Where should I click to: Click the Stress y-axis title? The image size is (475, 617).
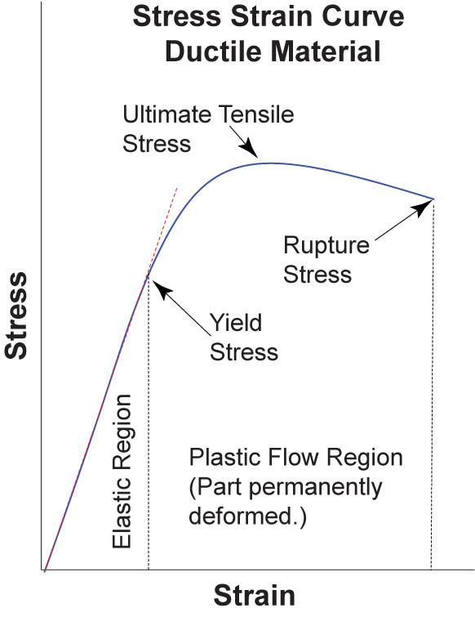click(16, 315)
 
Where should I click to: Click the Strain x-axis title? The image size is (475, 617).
click(254, 595)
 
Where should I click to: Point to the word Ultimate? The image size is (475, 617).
click(167, 114)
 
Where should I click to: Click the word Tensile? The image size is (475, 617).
click(256, 114)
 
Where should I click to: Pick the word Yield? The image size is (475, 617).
click(236, 324)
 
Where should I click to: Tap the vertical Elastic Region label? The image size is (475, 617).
click(122, 471)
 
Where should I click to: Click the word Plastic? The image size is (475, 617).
click(225, 458)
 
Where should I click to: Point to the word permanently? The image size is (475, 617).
click(315, 489)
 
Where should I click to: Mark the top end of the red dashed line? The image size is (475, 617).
click(177, 189)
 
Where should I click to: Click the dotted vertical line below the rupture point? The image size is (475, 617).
click(433, 384)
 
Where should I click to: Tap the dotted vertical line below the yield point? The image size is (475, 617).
click(148, 423)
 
